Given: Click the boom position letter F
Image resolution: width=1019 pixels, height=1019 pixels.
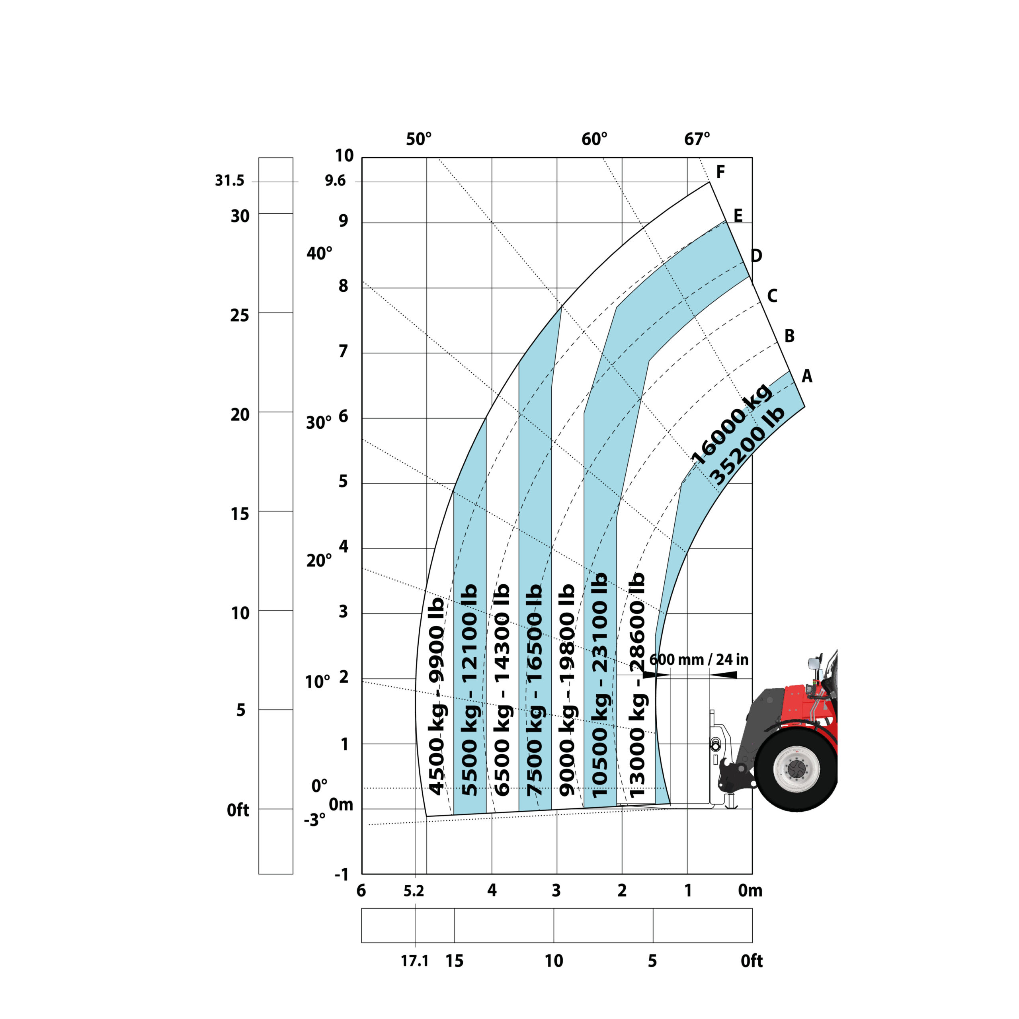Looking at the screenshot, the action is (x=720, y=172).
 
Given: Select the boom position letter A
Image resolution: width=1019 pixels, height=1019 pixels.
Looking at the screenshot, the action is (x=807, y=376).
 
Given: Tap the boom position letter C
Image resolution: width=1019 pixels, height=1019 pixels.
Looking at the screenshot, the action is (x=772, y=295).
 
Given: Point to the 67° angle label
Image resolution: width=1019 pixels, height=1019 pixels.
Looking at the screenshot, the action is (x=697, y=139).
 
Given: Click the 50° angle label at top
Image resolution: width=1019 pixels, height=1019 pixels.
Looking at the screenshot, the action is (x=419, y=139).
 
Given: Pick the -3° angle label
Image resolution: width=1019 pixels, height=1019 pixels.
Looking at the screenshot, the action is (x=315, y=820).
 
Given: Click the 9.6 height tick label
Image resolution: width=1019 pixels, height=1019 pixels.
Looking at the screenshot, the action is (x=336, y=181).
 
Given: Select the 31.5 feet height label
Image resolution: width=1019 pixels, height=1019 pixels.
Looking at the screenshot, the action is (x=230, y=181).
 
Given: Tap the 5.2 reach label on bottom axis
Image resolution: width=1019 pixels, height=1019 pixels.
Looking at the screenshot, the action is (x=414, y=891).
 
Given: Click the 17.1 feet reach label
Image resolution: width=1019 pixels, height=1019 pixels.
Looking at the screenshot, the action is (x=414, y=961).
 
